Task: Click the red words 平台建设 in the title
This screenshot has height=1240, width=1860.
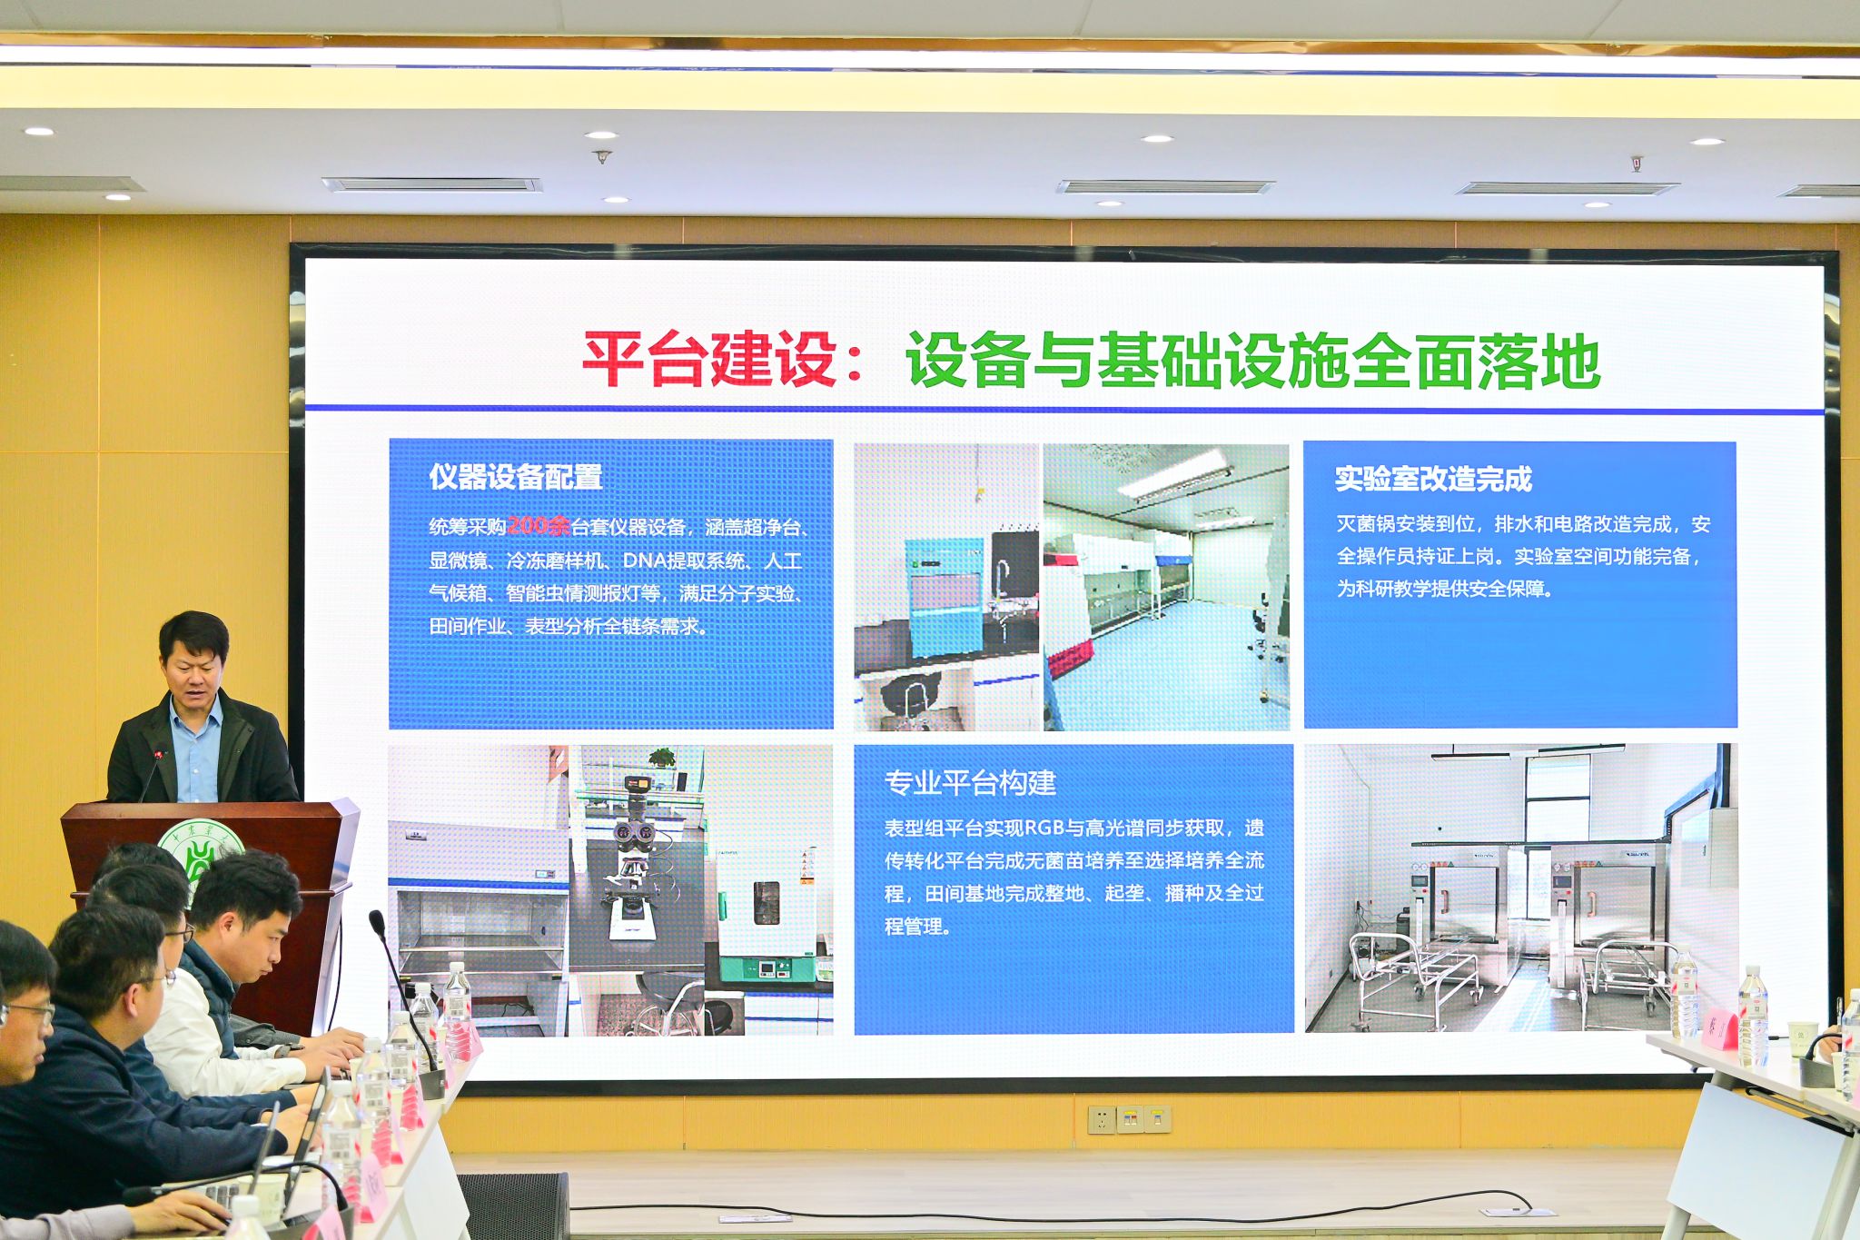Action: click(x=708, y=360)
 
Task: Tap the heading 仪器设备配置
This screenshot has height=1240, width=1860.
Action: click(x=516, y=477)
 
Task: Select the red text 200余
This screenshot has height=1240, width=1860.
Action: click(x=539, y=526)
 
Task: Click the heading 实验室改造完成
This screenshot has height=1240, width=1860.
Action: click(x=1433, y=479)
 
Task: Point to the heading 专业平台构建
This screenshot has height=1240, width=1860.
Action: click(x=970, y=783)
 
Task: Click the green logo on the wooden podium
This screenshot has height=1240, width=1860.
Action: click(x=199, y=854)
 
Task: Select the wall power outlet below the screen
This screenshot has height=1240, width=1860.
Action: click(x=1129, y=1119)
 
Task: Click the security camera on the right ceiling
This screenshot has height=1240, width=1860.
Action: click(x=1636, y=164)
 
